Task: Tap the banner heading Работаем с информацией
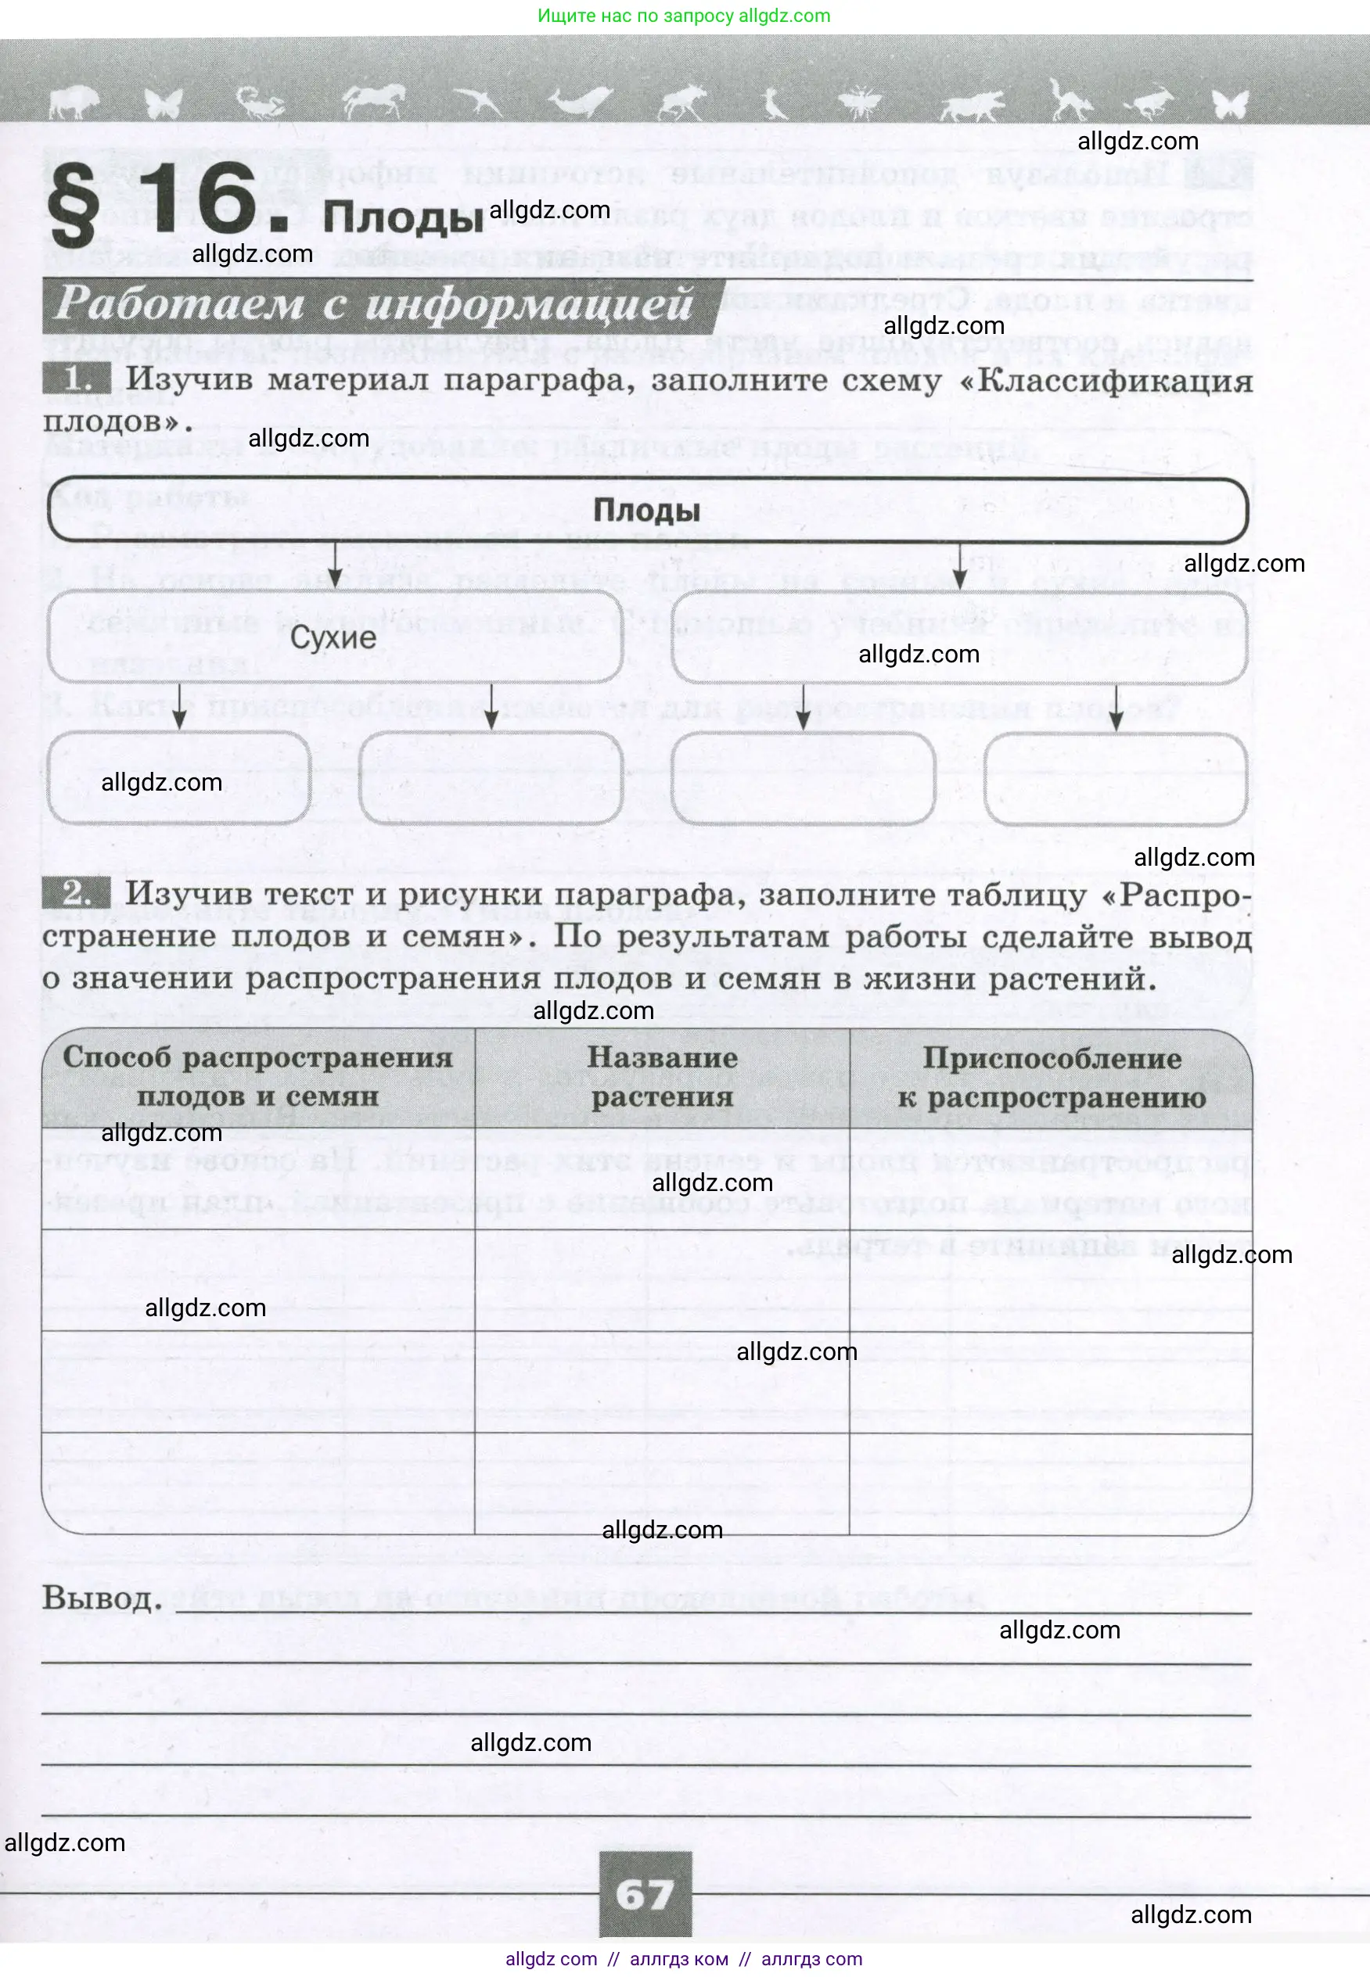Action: click(374, 305)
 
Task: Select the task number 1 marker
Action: click(77, 379)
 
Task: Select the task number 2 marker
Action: click(77, 894)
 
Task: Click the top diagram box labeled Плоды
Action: click(646, 511)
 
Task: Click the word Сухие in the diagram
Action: click(333, 637)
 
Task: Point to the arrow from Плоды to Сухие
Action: click(336, 566)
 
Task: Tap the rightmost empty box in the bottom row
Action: click(1114, 778)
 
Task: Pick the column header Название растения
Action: click(662, 1077)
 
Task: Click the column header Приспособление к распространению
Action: click(1051, 1077)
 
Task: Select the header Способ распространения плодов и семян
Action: click(257, 1077)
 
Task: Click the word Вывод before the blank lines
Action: click(101, 1598)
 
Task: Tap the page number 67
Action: click(645, 1895)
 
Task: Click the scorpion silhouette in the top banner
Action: click(263, 105)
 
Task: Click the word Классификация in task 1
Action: click(1114, 380)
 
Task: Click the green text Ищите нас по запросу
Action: click(636, 16)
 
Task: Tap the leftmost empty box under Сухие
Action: click(178, 778)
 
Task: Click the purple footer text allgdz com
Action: click(551, 1959)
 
